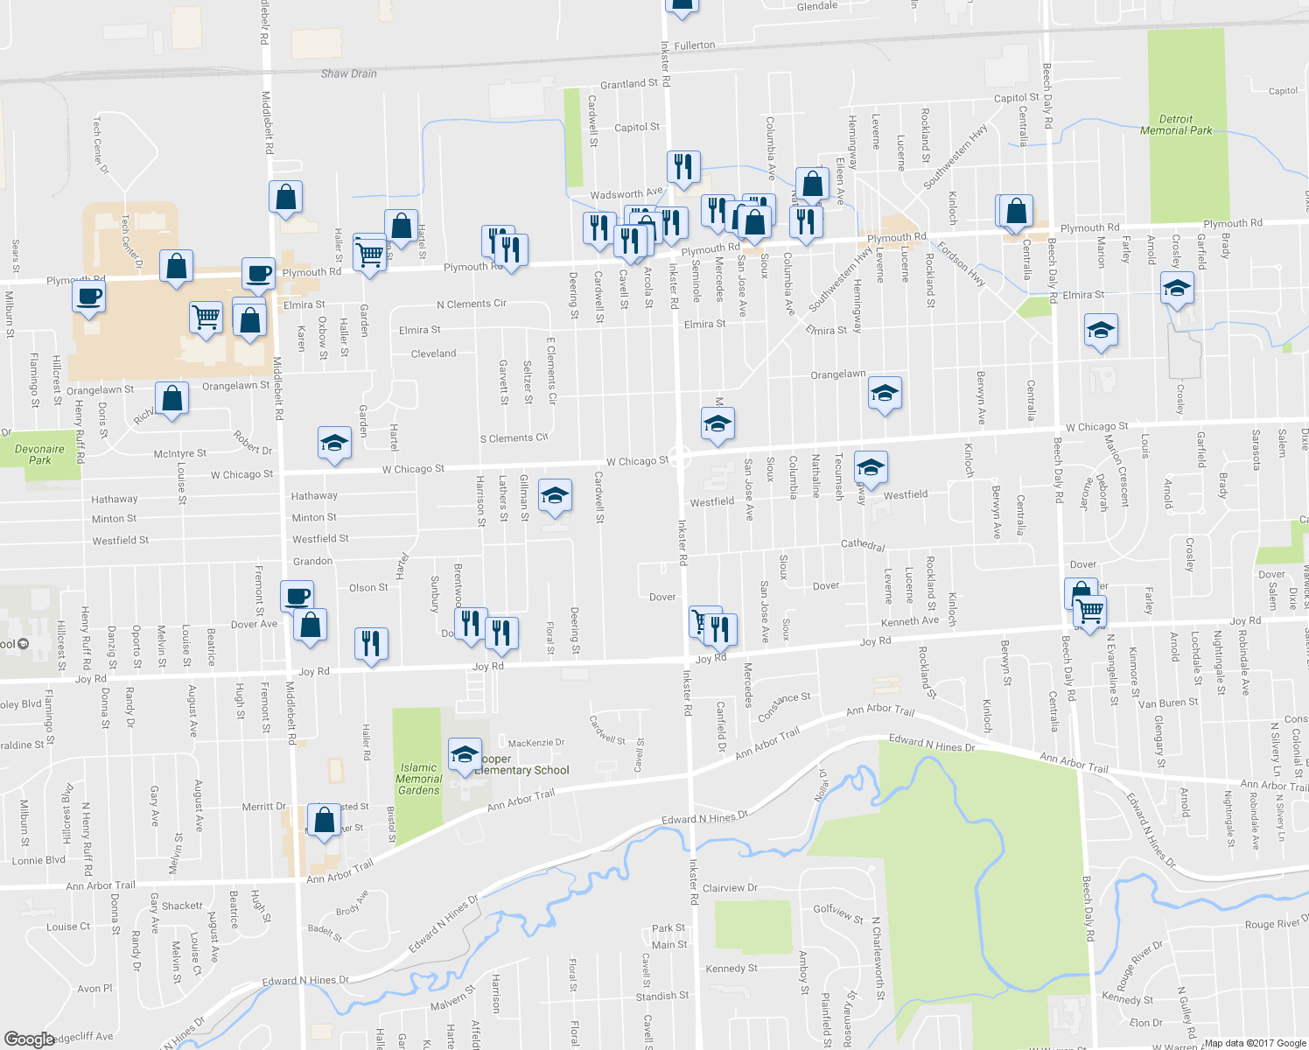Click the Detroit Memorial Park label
coord(1176,125)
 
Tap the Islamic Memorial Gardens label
coord(418,779)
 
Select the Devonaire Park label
coord(40,454)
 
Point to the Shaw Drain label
coord(348,73)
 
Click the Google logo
coord(29,1039)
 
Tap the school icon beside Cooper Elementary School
coord(464,753)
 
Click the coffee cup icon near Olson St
coord(297,596)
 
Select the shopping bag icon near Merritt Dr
coord(324,819)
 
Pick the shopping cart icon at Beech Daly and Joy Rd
coord(1090,609)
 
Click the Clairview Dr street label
coord(730,887)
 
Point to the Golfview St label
coord(838,913)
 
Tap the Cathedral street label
coord(863,544)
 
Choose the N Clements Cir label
coord(472,304)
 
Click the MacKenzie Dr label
coord(536,743)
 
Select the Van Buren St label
coord(1168,703)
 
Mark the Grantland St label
coord(629,84)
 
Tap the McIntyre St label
coord(179,453)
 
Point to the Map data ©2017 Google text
coord(1255,1042)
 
